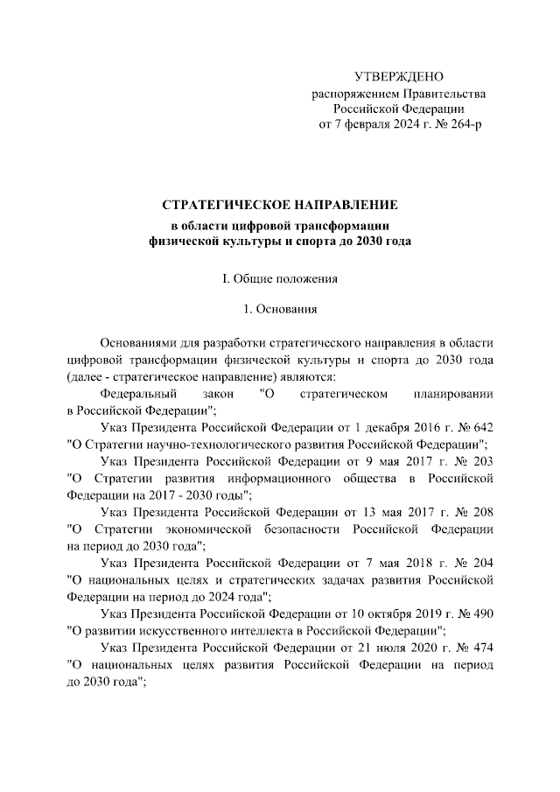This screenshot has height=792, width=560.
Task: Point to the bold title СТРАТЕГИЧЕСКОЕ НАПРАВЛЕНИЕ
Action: [x=280, y=205]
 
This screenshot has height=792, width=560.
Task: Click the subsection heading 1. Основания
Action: [x=280, y=309]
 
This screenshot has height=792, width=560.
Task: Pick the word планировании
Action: [x=444, y=395]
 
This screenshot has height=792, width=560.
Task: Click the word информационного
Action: [x=288, y=478]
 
